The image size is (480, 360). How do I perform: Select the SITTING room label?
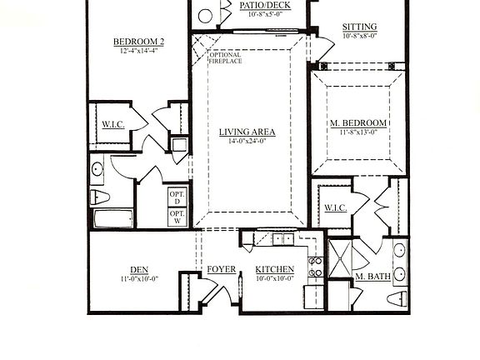(x=359, y=27)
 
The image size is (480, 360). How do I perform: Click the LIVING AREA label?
(x=247, y=132)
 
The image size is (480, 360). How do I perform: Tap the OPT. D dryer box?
(x=177, y=197)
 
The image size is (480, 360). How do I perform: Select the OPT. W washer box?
(x=177, y=217)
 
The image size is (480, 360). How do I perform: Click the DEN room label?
(x=138, y=269)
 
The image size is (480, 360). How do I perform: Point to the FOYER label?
(x=221, y=269)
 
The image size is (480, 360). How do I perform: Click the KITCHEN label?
(x=274, y=269)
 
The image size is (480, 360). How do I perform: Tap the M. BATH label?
(x=372, y=276)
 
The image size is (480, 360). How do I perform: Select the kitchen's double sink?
(x=282, y=239)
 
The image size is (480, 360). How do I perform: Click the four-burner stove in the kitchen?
(x=317, y=267)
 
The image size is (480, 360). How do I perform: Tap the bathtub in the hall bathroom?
(x=112, y=219)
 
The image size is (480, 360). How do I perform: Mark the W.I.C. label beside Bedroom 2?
(x=112, y=125)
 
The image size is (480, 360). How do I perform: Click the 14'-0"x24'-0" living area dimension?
(x=247, y=142)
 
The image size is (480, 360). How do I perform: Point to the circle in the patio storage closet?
(x=206, y=15)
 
